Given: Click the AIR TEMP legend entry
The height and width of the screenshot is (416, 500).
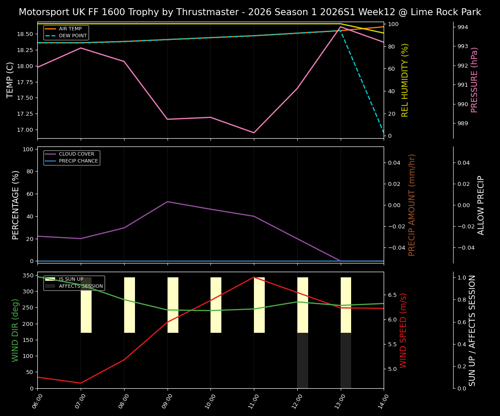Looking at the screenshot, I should (70, 29).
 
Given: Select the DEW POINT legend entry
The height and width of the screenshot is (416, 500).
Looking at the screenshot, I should (72, 36).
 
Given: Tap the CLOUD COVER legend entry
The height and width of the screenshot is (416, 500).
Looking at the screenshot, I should (76, 154).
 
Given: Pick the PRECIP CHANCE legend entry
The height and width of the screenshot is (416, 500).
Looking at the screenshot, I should (78, 161).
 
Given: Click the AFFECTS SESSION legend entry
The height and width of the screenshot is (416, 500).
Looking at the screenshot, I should (81, 286).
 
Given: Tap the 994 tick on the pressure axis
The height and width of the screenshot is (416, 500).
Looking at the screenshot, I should (462, 27).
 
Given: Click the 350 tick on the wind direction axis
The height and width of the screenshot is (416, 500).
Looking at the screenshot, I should (28, 275).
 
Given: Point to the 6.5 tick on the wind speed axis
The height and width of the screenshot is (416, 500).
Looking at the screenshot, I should (392, 295).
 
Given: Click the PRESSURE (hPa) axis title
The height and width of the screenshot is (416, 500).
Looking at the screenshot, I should (474, 80).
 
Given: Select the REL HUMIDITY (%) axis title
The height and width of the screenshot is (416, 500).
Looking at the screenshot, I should (405, 80).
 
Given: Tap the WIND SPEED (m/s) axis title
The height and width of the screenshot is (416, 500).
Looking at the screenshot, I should (404, 330).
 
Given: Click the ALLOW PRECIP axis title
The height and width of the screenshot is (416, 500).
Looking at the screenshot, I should (481, 205).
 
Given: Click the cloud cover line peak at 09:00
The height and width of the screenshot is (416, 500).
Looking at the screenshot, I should (167, 201).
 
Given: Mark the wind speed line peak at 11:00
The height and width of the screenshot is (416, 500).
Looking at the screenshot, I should (254, 277).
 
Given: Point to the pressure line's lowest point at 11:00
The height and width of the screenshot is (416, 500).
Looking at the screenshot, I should (254, 133).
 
